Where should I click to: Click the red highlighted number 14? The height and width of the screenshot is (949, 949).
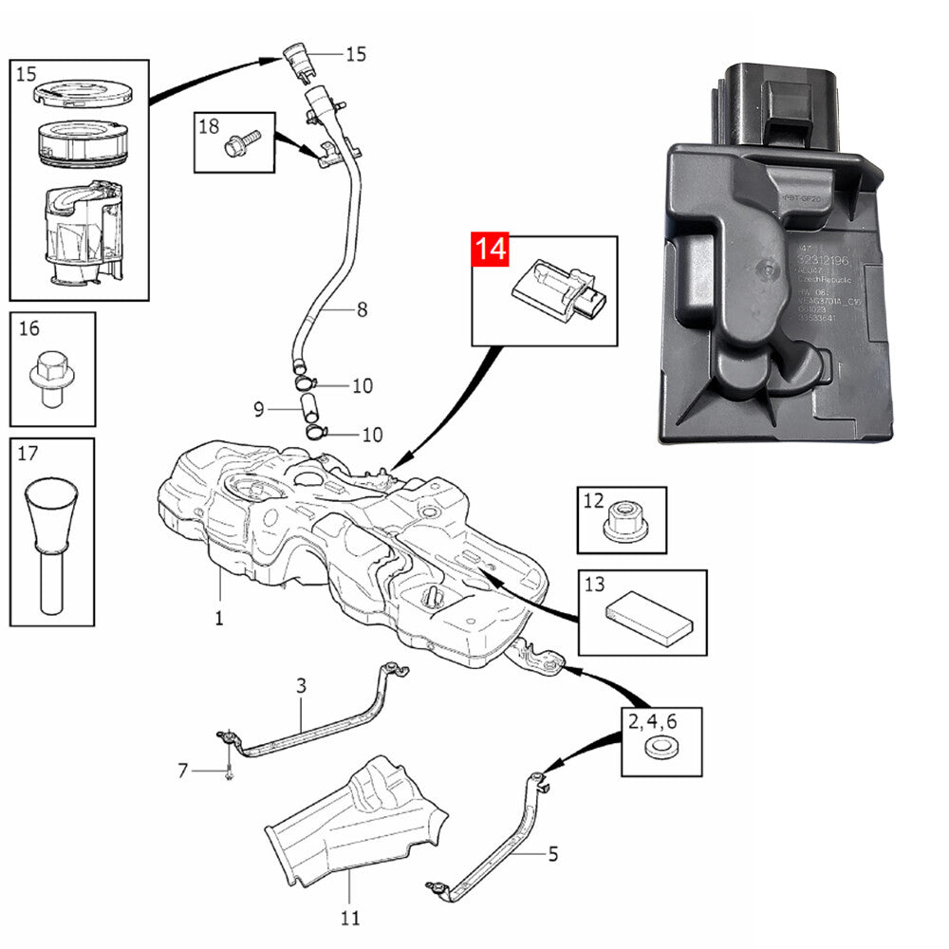492,251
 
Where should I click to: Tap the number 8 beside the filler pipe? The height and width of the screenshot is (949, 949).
362,309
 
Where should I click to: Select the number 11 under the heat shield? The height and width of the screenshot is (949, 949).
349,918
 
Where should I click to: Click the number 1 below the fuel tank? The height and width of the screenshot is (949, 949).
218,619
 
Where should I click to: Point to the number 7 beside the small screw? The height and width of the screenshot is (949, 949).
183,771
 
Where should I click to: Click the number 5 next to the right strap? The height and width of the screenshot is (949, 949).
553,853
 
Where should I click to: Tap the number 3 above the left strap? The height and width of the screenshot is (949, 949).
301,684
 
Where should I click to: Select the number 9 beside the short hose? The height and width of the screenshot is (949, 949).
258,410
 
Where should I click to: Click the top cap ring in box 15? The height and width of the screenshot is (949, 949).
80,94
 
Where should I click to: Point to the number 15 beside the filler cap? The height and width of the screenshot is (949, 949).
355,53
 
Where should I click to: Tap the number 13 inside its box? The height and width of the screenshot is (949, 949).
594,586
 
